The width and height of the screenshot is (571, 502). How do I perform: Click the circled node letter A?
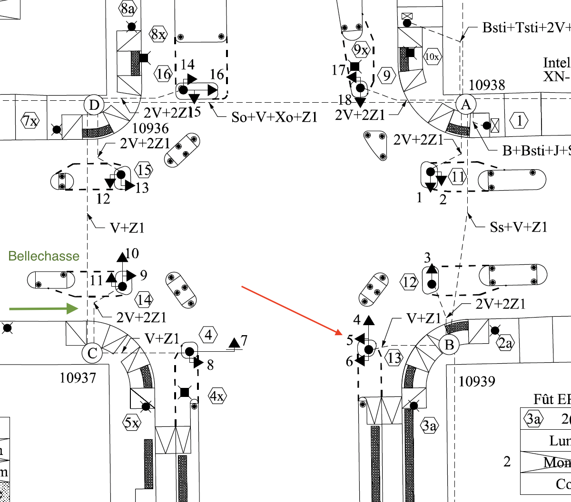tap(466, 105)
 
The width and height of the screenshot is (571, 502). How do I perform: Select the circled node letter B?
tap(449, 345)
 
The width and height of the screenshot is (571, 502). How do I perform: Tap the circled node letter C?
tap(92, 353)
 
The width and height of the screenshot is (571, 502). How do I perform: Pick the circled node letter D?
tap(94, 105)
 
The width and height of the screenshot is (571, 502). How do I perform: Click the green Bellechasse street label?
tap(44, 256)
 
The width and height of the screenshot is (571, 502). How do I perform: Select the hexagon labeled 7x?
tap(30, 121)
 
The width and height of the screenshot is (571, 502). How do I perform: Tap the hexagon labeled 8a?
tap(128, 8)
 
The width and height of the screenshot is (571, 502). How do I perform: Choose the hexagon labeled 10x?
tap(432, 57)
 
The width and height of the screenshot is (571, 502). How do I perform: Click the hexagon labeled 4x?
tap(217, 396)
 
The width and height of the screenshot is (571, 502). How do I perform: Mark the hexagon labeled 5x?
tap(132, 422)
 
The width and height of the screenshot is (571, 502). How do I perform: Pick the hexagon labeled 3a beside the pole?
tap(429, 425)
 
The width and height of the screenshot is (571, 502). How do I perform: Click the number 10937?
tap(78, 378)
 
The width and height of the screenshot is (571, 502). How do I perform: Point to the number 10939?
tap(477, 381)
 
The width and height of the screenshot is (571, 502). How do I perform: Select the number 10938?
tap(487, 85)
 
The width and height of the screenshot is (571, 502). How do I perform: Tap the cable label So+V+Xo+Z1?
tap(274, 117)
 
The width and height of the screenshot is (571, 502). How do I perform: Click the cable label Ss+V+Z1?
tap(519, 227)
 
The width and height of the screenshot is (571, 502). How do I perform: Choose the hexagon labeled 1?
tap(519, 120)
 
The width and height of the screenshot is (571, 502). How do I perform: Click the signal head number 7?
tap(244, 340)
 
